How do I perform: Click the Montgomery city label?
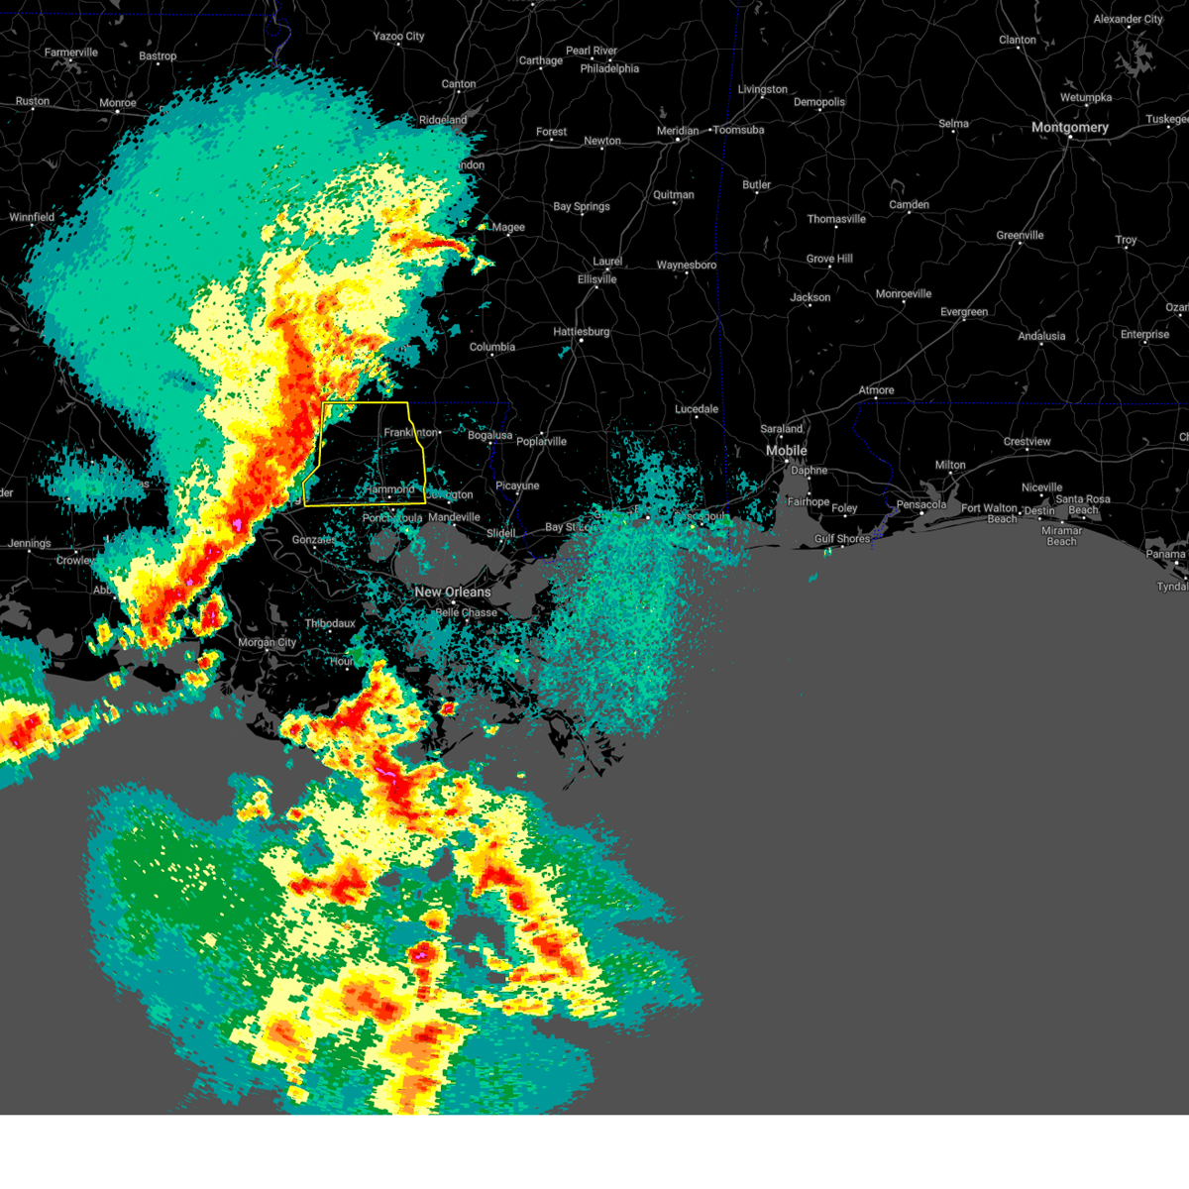1069,128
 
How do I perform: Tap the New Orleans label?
453,592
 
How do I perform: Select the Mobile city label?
786,451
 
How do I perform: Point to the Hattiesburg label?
581,332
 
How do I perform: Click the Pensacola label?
921,505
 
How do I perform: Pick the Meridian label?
678,131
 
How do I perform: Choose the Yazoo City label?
398,37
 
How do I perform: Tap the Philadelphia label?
609,69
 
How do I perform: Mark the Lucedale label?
697,409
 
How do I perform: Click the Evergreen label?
964,312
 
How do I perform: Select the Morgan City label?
267,642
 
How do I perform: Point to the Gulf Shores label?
842,539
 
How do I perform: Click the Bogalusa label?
490,436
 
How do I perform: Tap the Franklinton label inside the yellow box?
410,433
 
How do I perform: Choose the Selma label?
953,124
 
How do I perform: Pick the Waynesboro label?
686,266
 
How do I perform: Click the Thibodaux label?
330,623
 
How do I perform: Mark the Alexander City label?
1128,20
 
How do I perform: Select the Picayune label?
517,486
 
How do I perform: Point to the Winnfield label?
32,218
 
